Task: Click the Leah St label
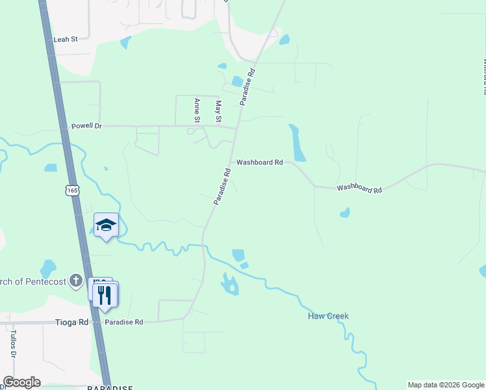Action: pos(66,39)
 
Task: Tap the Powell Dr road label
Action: pos(86,125)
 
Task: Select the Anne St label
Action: pos(196,110)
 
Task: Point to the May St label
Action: pos(218,111)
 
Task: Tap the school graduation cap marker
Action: pos(106,225)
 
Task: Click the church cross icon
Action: pos(76,281)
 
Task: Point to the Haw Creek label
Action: pos(328,317)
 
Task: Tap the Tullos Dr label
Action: pos(12,344)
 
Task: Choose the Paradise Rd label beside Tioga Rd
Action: pos(123,322)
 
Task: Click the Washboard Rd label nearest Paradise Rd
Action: pos(259,162)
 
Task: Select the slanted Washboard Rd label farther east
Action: pos(359,188)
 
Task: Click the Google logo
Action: pos(21,382)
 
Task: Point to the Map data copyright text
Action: pos(446,385)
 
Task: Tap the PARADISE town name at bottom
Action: pos(110,388)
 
